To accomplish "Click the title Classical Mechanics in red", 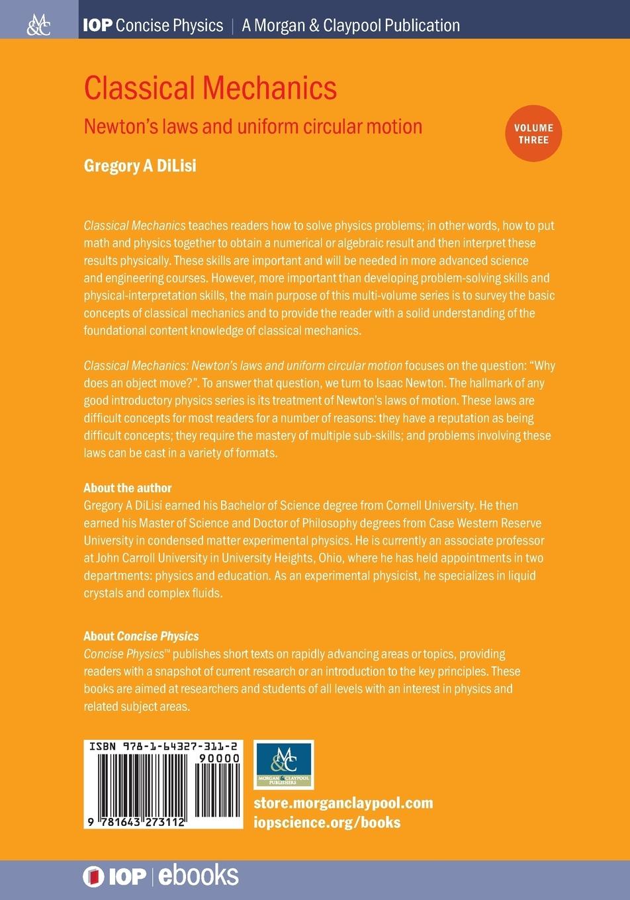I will coord(210,88).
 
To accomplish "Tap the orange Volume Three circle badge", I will coord(533,133).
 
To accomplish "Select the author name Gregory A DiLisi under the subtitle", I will coord(140,165).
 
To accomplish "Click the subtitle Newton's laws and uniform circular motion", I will coord(253,126).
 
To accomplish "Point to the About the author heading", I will coord(128,488).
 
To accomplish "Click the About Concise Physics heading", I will coord(141,636).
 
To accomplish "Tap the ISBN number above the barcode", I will coord(163,746).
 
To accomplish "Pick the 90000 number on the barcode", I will coord(218,758).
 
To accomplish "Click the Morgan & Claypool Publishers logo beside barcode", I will coord(283,765).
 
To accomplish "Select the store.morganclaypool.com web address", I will coord(343,803).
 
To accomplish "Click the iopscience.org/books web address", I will coord(327,823).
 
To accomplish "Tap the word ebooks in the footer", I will coord(198,876).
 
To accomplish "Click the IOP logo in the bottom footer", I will coord(114,877).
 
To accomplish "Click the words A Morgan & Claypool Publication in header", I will coord(351,26).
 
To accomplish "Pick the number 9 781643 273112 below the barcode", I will coord(135,823).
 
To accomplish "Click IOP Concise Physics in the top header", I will coord(153,26).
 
